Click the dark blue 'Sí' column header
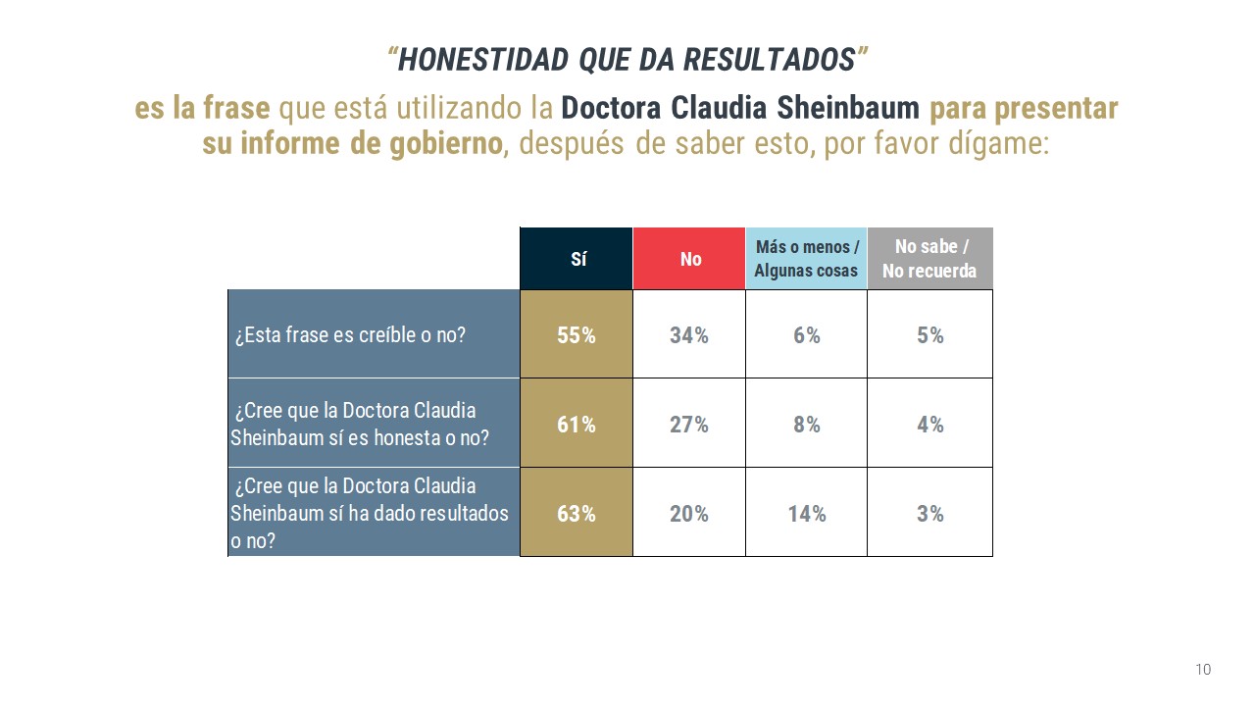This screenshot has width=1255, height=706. [x=577, y=259]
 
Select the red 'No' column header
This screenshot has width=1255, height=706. [x=689, y=259]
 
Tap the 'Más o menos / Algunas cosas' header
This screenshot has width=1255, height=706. [x=806, y=259]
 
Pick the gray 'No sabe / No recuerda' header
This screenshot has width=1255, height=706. [x=929, y=259]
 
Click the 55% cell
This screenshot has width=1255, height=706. [x=577, y=335]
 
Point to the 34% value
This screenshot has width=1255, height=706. [x=689, y=335]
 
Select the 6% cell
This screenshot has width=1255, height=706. [x=806, y=335]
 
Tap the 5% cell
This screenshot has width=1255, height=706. [x=929, y=335]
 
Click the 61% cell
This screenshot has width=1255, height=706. [x=577, y=425]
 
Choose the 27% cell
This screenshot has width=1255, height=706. [x=689, y=425]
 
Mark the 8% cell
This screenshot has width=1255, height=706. [x=806, y=425]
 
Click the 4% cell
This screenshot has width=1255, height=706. [x=929, y=425]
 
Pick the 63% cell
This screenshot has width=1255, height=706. [x=577, y=513]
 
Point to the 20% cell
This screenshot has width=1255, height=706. [x=689, y=513]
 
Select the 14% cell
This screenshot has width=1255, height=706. [x=806, y=513]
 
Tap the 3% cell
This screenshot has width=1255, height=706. [x=929, y=513]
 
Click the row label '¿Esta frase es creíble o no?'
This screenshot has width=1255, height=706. [x=350, y=335]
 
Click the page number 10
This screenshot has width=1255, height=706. [x=1203, y=670]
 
